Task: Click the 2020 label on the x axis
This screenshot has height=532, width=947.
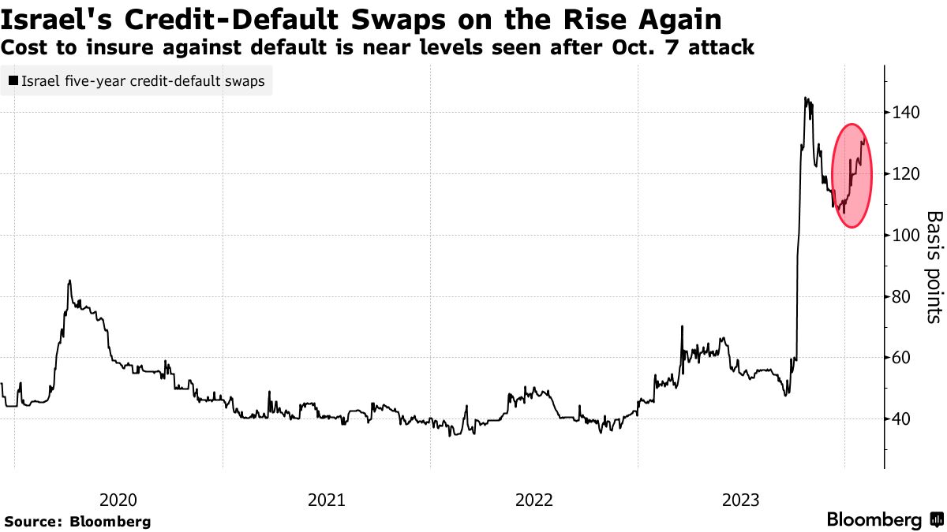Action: coord(119,499)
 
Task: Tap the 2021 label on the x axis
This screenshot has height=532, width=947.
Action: coord(326,499)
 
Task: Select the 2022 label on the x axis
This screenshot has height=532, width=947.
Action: coord(533,499)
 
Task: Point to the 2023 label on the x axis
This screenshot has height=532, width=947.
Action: coord(741,499)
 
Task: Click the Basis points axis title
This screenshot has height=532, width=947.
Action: coord(934,266)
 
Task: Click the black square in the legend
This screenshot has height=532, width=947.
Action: coord(13,80)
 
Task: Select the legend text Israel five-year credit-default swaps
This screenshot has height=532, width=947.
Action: coord(143,80)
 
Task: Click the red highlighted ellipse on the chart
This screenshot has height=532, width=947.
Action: coord(852,176)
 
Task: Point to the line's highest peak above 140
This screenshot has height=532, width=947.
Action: coord(805,98)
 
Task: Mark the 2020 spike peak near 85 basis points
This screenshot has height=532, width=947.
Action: coord(69,281)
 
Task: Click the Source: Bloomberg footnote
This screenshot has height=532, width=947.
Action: coord(77,521)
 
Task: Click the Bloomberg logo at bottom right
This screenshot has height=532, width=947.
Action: coord(885,520)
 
